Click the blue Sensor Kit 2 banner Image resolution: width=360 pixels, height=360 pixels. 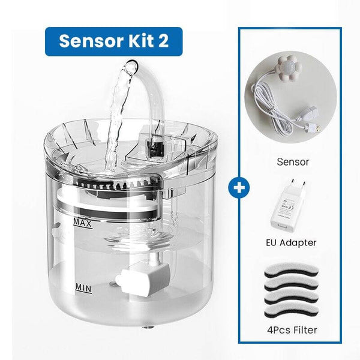[x=113, y=40]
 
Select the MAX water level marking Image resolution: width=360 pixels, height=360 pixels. [x=82, y=223]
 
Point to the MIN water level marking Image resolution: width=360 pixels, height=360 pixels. [x=83, y=287]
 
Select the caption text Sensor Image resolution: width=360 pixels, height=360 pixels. [x=293, y=161]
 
